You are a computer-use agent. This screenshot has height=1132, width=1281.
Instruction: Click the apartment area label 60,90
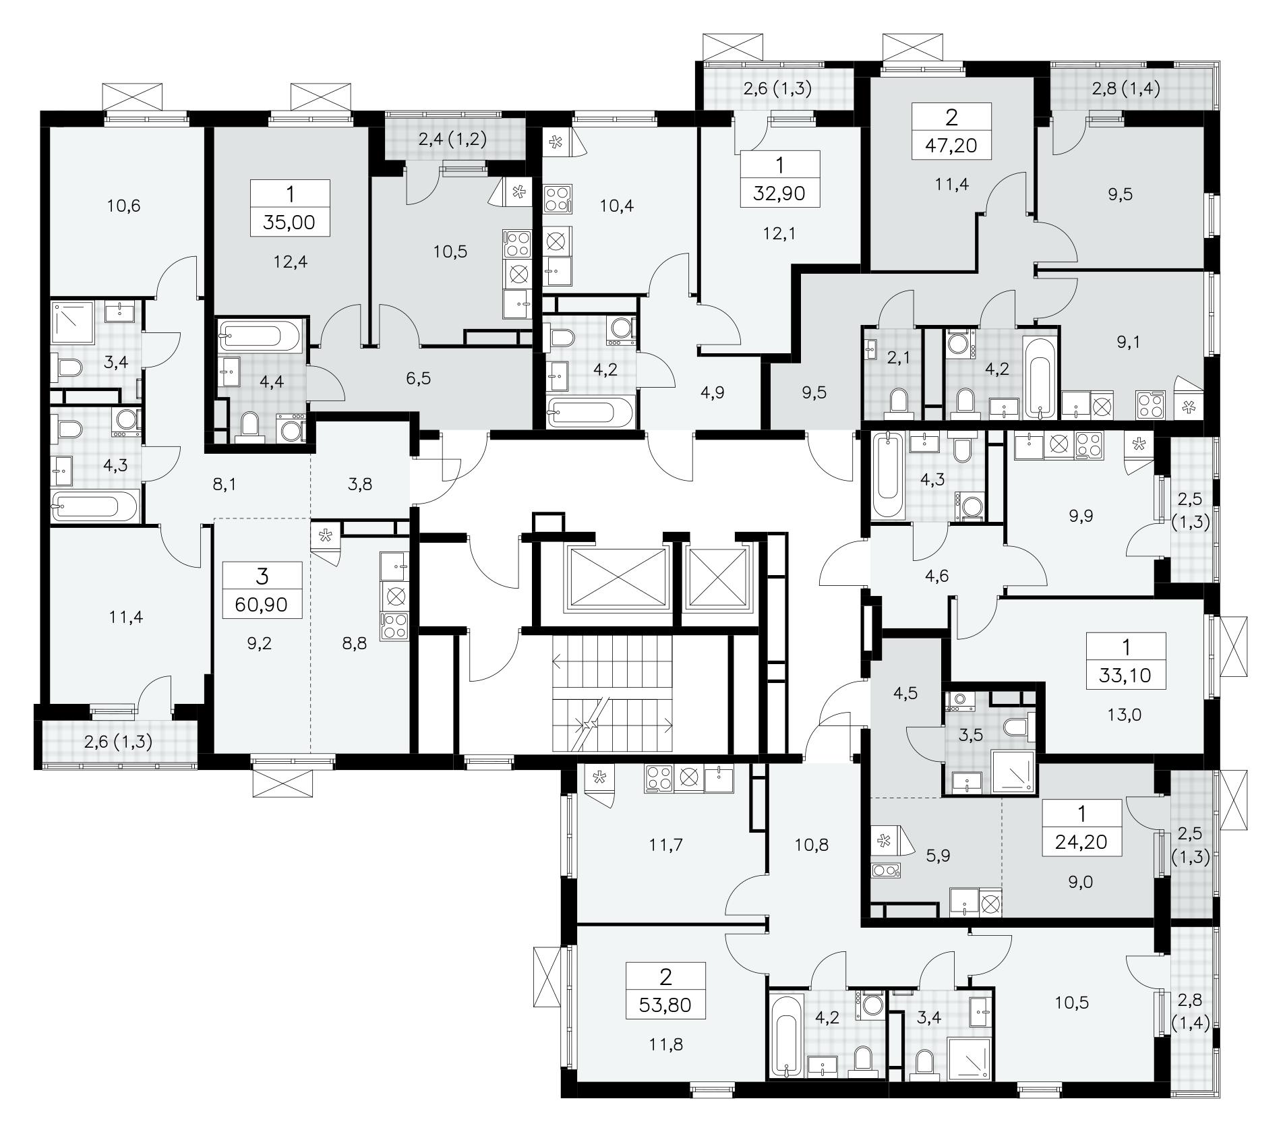(262, 604)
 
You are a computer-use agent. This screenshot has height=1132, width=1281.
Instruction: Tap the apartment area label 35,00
(289, 222)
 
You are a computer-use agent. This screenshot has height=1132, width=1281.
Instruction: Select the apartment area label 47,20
(951, 145)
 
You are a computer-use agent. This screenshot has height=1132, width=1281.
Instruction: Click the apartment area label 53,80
(665, 1006)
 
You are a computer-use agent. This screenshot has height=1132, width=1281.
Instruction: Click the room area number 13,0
(1125, 715)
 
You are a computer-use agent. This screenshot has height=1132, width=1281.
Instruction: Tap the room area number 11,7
(665, 844)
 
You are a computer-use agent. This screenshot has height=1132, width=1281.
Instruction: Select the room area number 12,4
(291, 261)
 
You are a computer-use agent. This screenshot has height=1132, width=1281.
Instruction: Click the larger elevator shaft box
(618, 578)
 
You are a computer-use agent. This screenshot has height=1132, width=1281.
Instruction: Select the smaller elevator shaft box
(717, 578)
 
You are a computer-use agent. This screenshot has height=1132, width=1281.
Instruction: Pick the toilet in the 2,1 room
(899, 400)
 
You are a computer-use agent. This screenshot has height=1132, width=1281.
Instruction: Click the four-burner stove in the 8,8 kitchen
(394, 626)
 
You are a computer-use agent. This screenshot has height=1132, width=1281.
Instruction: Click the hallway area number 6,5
(419, 378)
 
